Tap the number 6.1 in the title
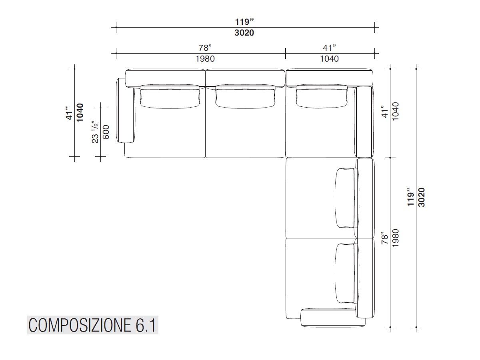click(x=143, y=326)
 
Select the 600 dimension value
click(x=106, y=132)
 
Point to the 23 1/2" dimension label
click(x=95, y=132)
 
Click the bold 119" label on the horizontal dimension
click(x=244, y=22)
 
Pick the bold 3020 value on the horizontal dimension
click(x=244, y=33)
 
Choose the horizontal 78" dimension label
click(x=205, y=48)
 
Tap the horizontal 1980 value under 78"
click(x=205, y=59)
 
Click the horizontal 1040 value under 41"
click(x=329, y=59)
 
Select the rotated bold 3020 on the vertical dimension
click(x=421, y=197)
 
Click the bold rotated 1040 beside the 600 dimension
click(x=80, y=112)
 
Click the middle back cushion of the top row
click(x=245, y=97)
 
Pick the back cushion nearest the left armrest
click(x=170, y=97)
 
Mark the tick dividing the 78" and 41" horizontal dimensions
click(x=286, y=51)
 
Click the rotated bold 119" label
click(x=410, y=197)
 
